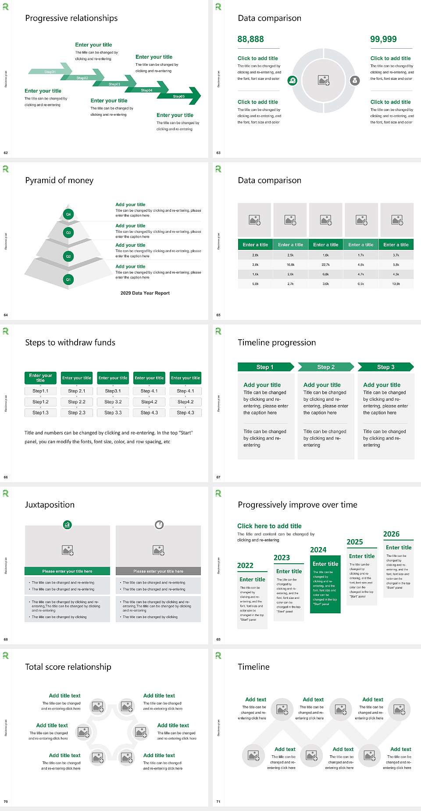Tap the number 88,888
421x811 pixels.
(x=250, y=39)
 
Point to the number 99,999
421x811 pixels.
(x=383, y=39)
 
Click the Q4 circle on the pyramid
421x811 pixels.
(x=68, y=214)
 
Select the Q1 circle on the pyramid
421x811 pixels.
(x=68, y=279)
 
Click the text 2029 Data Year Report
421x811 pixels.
(x=145, y=293)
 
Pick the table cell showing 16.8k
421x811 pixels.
(x=290, y=265)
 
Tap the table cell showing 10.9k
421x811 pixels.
(x=396, y=284)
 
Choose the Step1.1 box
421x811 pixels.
(x=40, y=391)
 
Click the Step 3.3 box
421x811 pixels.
(x=113, y=413)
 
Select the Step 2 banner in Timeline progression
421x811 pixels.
(x=326, y=367)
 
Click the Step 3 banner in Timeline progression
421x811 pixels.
(x=385, y=367)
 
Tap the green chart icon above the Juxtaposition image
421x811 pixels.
(x=68, y=524)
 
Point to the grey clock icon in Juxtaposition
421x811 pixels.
(x=159, y=524)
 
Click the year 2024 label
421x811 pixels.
(x=318, y=550)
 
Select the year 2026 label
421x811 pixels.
(x=391, y=534)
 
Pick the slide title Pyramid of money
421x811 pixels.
(x=59, y=181)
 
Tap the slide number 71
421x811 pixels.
(x=218, y=802)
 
